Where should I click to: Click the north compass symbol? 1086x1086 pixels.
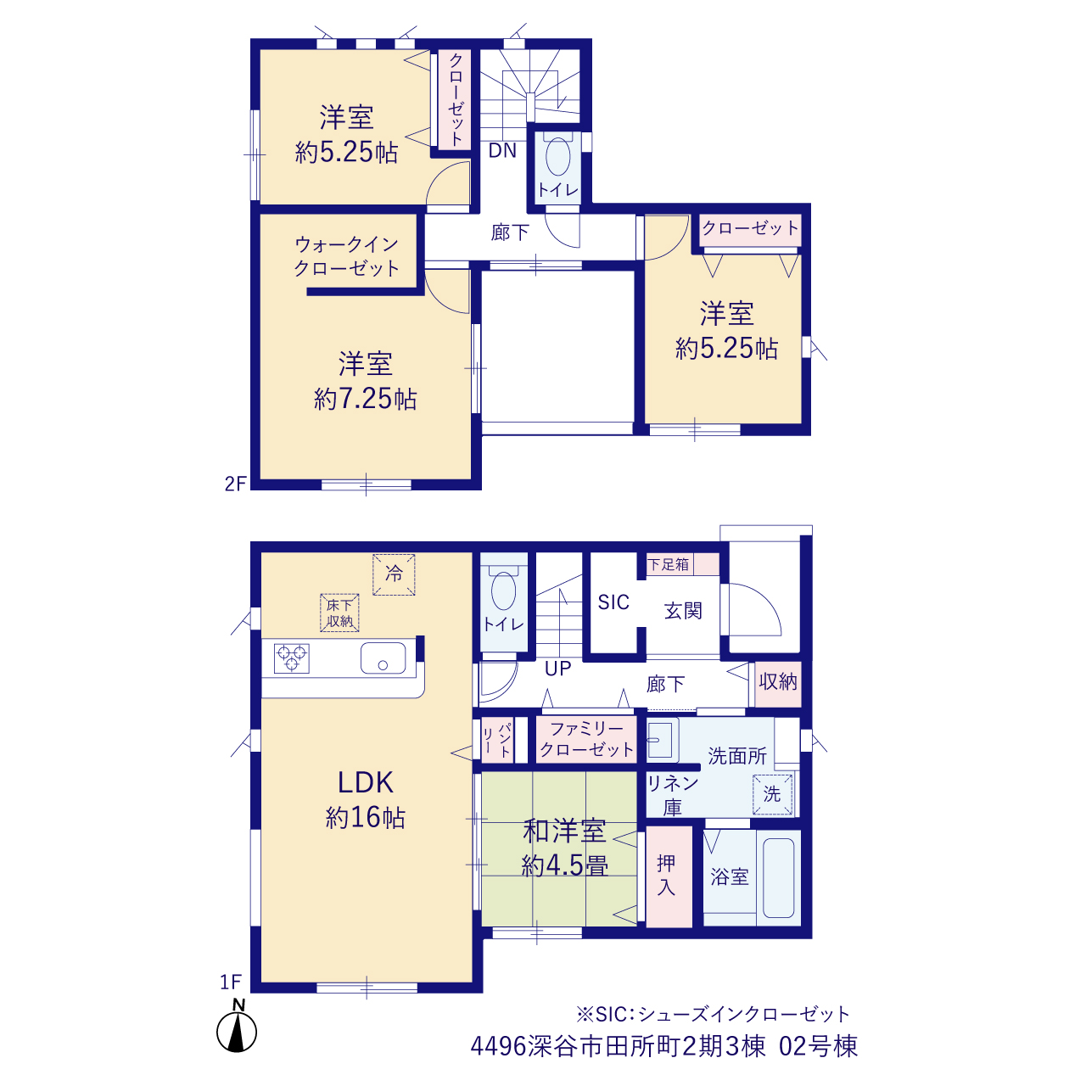click(236, 1031)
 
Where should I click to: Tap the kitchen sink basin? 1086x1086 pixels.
click(383, 658)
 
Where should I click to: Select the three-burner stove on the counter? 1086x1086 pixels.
click(291, 658)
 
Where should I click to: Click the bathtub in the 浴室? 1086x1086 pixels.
click(778, 877)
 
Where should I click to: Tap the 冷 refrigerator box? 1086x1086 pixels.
click(394, 575)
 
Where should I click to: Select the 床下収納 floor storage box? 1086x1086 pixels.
click(340, 613)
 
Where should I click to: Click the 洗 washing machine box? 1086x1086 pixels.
click(772, 795)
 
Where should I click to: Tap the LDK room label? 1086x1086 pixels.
click(365, 782)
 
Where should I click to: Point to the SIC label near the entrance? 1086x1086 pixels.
click(613, 602)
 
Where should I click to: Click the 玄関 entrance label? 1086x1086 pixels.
click(683, 611)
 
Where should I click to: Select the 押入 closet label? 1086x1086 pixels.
click(666, 876)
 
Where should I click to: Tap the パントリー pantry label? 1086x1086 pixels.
click(497, 739)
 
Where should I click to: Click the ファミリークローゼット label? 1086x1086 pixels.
click(586, 739)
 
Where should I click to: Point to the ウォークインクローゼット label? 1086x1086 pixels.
click(347, 256)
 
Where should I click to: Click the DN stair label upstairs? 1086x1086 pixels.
click(502, 150)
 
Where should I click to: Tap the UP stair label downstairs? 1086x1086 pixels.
click(558, 669)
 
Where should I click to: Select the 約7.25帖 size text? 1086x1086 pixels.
click(365, 400)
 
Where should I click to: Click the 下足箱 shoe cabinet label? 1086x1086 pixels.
click(669, 564)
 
